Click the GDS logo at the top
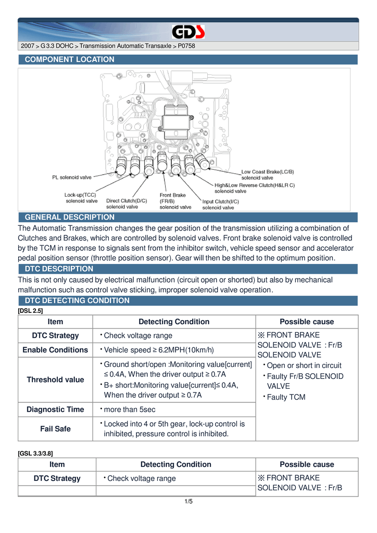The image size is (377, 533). point(188,33)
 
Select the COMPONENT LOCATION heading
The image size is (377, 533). point(70,59)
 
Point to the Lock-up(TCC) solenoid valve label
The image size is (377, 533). point(81,198)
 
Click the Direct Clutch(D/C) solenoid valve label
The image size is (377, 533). point(127,204)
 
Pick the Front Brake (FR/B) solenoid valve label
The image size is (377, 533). point(175,201)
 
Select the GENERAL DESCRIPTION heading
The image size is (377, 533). point(70,217)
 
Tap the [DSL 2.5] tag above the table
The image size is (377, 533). point(30,310)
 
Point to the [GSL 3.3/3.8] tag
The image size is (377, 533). point(35,453)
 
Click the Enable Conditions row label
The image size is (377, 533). point(55,350)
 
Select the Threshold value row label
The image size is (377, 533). point(55,379)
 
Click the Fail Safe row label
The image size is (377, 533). point(55,429)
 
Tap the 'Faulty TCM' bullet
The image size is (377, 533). point(286,397)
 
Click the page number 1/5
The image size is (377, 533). point(188,501)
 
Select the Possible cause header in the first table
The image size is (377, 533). point(307,322)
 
